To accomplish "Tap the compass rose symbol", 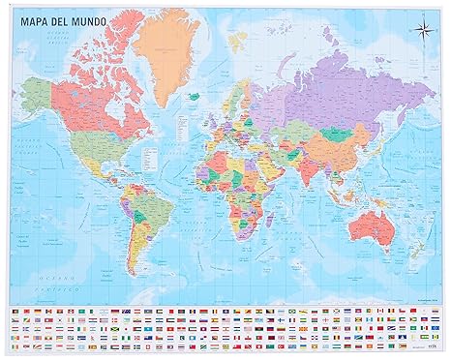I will pos(422,28).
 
